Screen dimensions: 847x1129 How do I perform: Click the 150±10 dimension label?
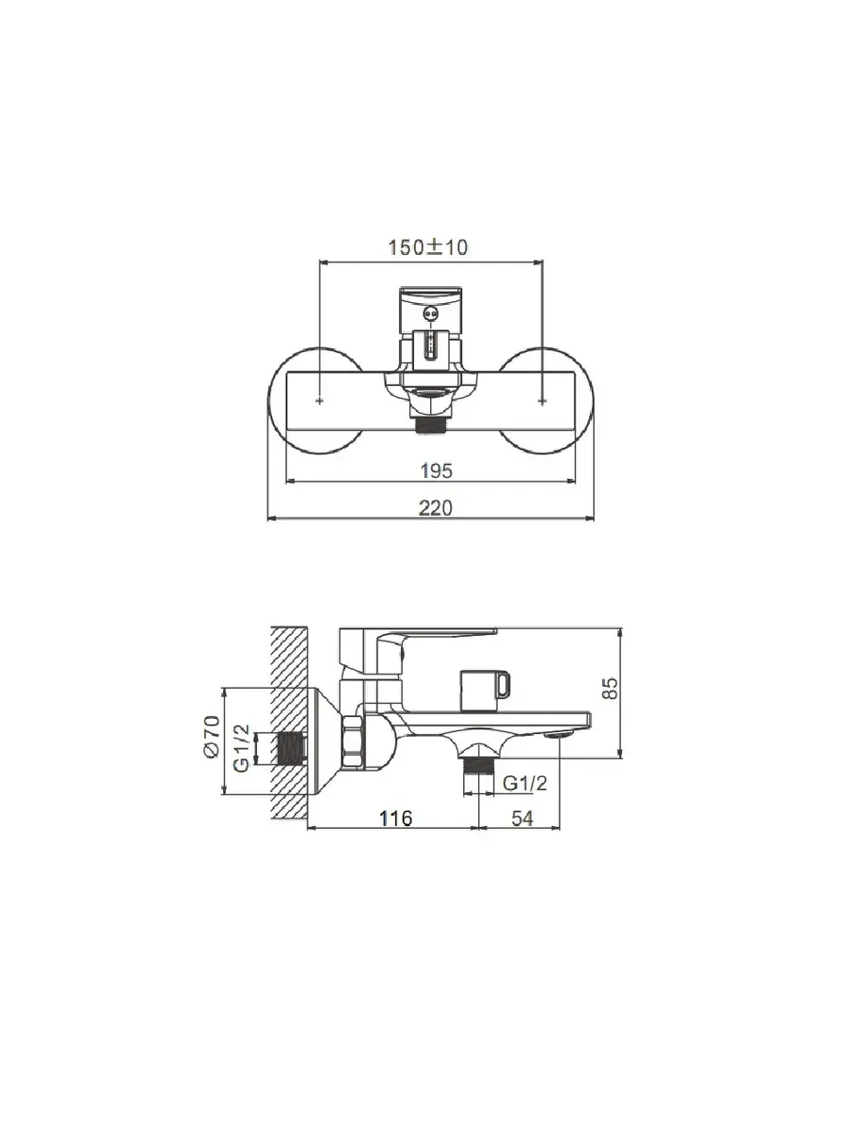pyautogui.click(x=428, y=247)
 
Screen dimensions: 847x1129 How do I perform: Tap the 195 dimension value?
pyautogui.click(x=436, y=470)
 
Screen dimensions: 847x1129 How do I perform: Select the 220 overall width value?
pyautogui.click(x=435, y=508)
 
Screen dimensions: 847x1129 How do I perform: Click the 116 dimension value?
pyautogui.click(x=396, y=818)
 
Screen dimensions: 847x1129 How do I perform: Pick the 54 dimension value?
pyautogui.click(x=522, y=818)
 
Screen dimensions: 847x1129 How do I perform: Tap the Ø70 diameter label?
pyautogui.click(x=213, y=736)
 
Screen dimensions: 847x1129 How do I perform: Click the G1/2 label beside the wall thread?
pyautogui.click(x=242, y=747)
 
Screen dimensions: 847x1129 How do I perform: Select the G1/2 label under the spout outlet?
pyautogui.click(x=524, y=784)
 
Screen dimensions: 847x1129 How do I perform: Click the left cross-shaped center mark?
pyautogui.click(x=320, y=400)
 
